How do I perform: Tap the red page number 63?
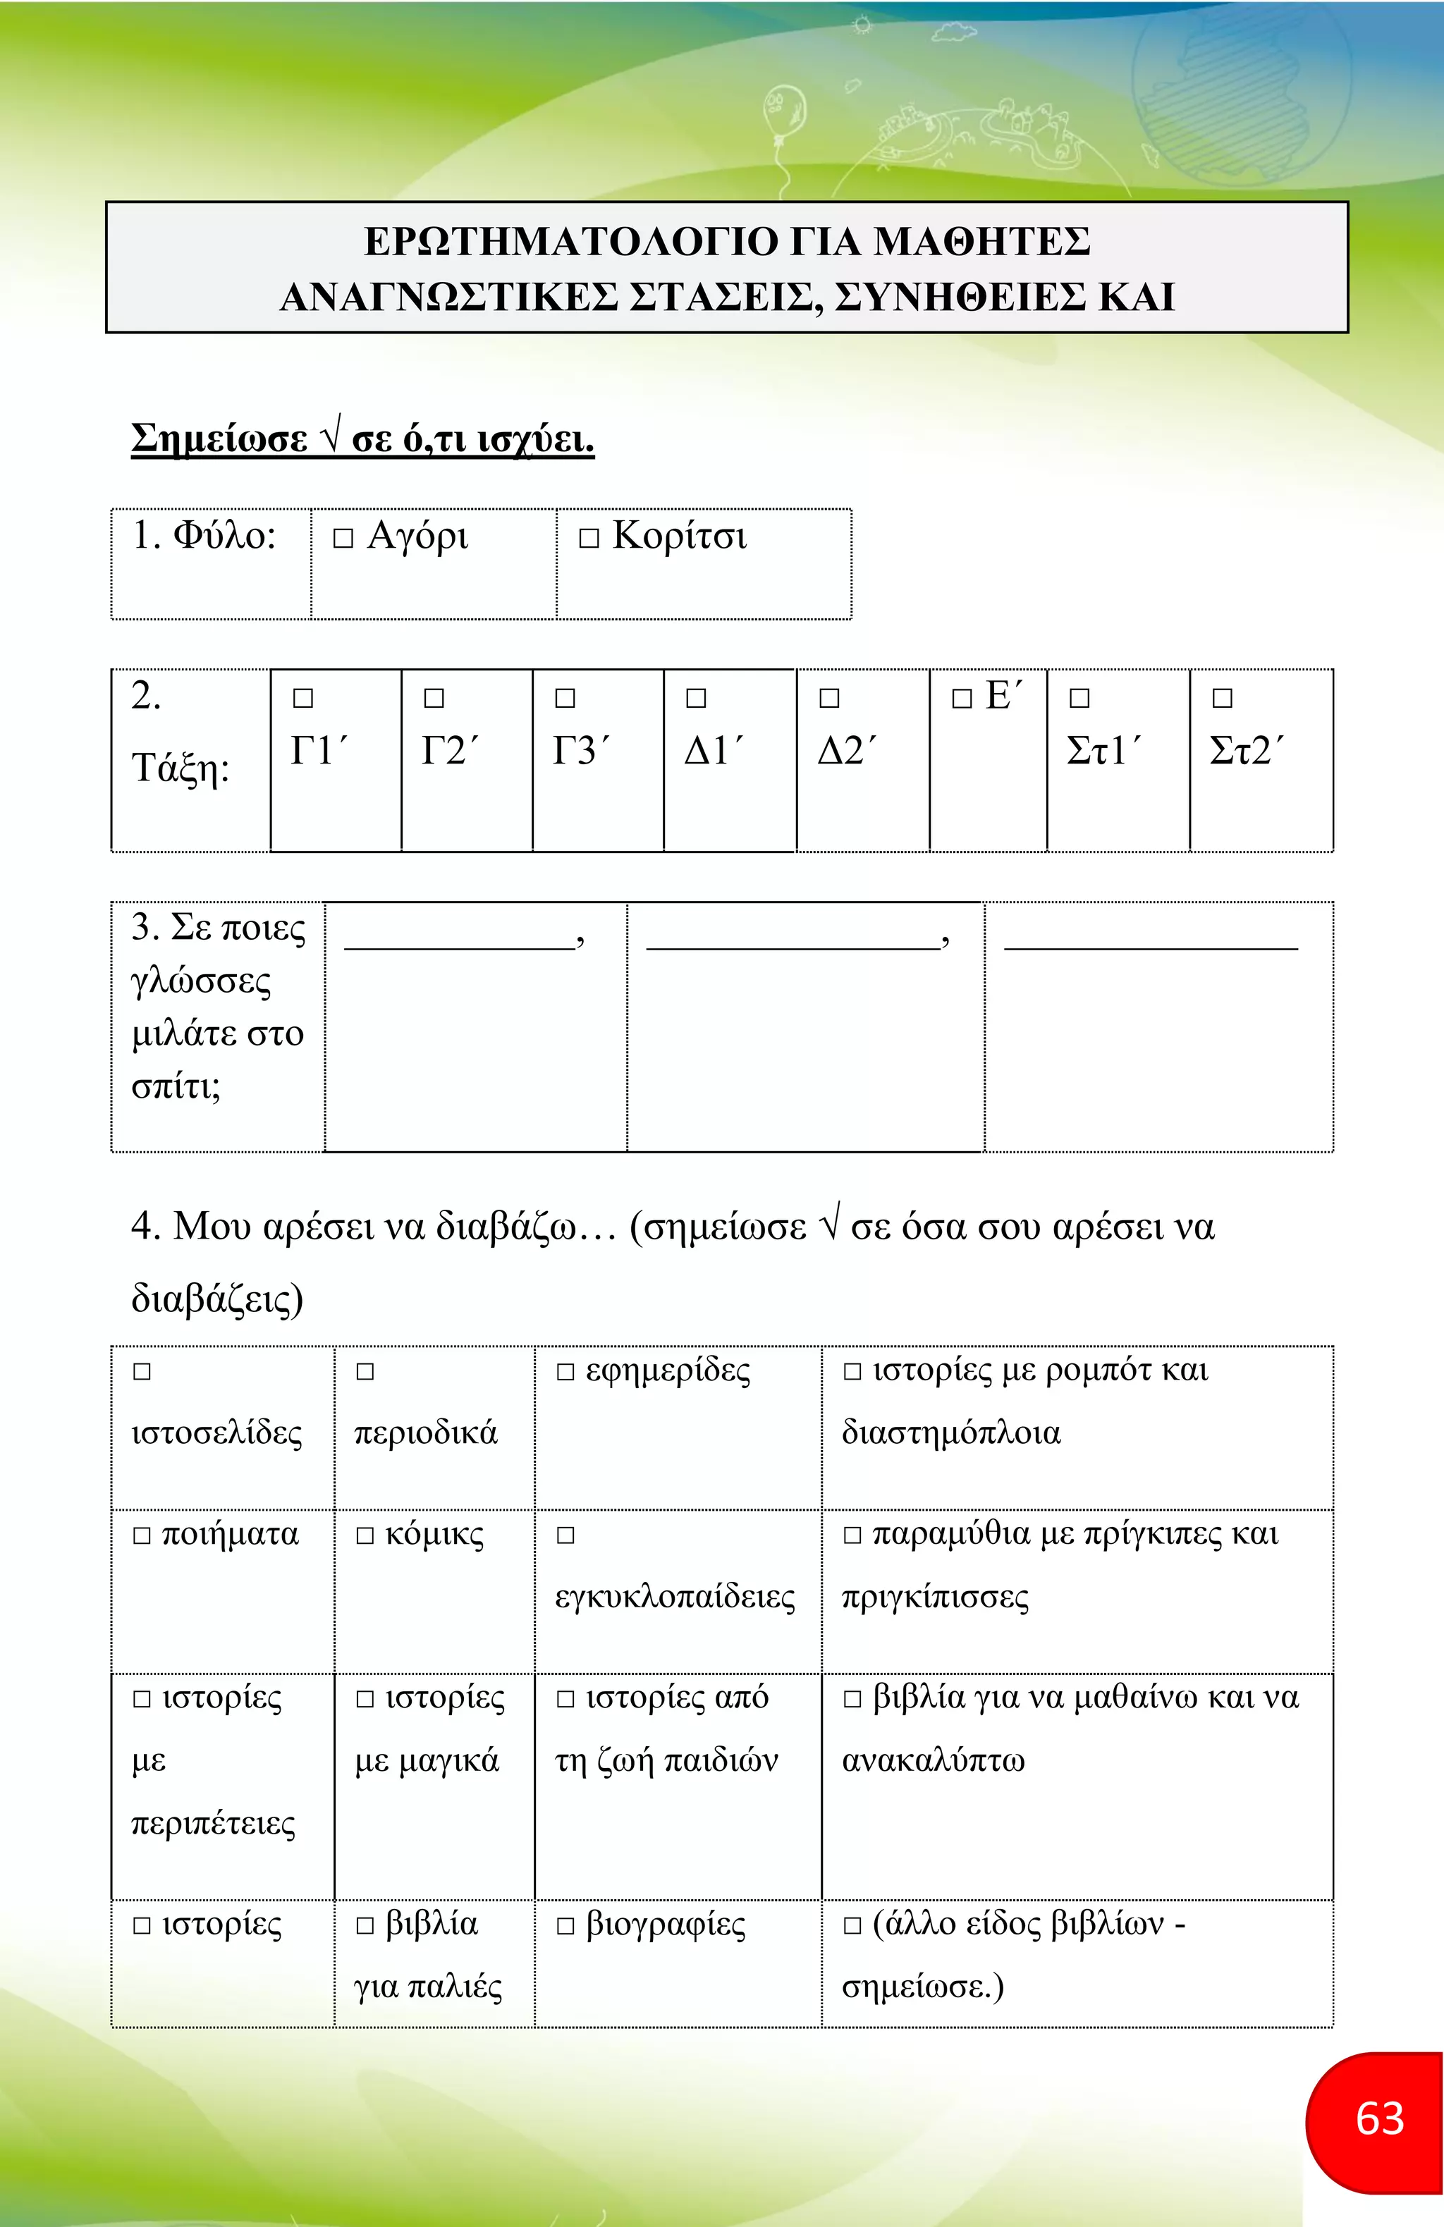click(x=1379, y=2118)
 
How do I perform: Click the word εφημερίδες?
click(x=667, y=1371)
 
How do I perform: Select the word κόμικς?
click(x=434, y=1535)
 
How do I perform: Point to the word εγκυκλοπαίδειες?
click(x=675, y=1596)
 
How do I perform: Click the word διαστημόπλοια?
click(x=951, y=1432)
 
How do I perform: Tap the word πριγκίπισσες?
click(x=935, y=1596)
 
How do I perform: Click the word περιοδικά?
click(x=426, y=1432)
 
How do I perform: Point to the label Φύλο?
click(x=204, y=535)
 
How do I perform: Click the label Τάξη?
click(x=180, y=768)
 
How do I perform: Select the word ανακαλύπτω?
click(x=933, y=1760)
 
